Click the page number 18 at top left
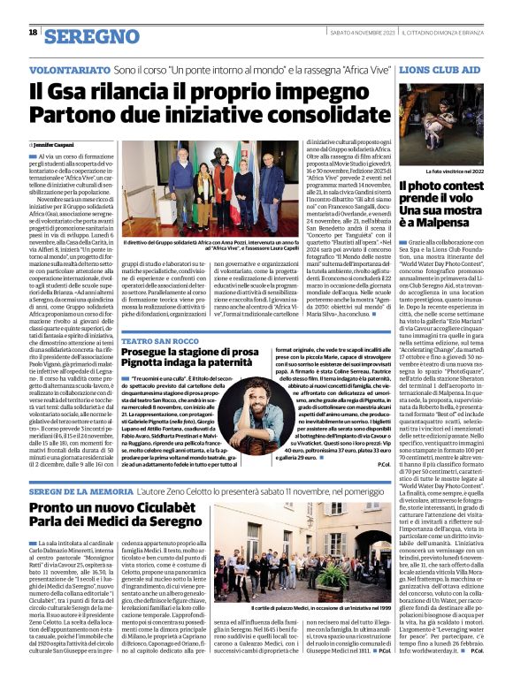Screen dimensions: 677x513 coord(33,33)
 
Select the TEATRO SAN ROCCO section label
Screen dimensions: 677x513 coord(163,340)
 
